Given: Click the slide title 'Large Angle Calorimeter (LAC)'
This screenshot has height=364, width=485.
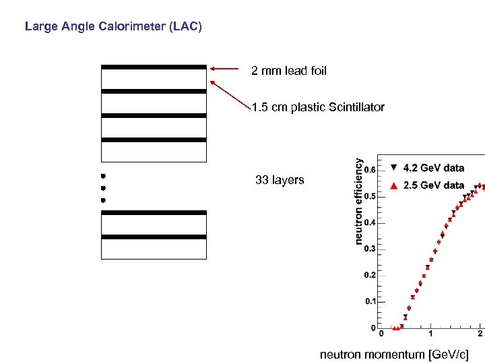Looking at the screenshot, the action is [112, 28].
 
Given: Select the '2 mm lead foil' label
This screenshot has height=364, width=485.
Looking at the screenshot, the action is [289, 71].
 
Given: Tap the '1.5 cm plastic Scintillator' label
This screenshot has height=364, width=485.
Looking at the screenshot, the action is [318, 107].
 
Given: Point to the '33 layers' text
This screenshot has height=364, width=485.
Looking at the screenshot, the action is [280, 180].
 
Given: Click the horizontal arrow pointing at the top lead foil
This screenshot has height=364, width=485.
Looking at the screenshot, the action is [224, 68].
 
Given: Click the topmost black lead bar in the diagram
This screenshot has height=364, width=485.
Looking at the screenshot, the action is [154, 67].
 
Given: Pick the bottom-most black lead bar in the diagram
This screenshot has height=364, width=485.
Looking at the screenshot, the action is [154, 237].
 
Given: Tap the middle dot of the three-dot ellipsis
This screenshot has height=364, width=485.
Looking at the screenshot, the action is [104, 188].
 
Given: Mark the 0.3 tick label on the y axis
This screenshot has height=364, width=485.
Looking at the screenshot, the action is [370, 249].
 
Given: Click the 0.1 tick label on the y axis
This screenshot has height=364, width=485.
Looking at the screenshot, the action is [370, 301].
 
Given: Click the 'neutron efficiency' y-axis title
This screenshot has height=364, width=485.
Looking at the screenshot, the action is [359, 201].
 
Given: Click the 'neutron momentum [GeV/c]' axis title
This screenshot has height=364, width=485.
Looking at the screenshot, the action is [393, 354].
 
